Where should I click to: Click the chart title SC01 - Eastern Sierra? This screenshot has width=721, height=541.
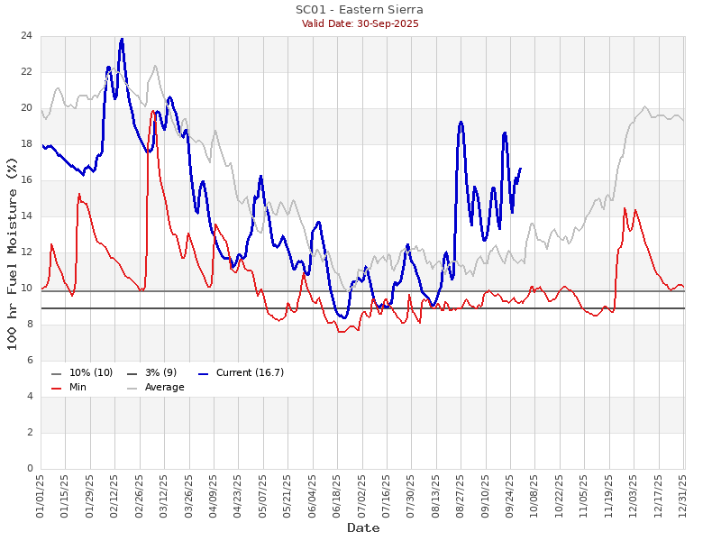tap(360, 10)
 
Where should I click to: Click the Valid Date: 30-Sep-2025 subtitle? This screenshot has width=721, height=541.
tap(360, 23)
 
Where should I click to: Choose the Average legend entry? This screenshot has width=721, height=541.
tap(164, 388)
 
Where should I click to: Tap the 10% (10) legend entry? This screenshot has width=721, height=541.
tap(91, 372)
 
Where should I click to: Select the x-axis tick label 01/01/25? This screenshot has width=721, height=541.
tap(41, 497)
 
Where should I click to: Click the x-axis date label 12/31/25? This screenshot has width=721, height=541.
tap(684, 497)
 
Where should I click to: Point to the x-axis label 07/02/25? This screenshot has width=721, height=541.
tap(362, 497)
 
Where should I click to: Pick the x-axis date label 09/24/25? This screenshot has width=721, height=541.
tap(511, 497)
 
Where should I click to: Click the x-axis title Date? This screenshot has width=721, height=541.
tap(362, 527)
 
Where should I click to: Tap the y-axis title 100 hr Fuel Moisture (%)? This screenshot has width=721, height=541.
tap(12, 252)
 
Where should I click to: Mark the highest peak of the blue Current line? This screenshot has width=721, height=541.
tap(122, 39)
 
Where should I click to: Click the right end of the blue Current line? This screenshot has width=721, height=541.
tap(520, 169)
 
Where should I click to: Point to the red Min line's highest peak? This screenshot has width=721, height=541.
tap(154, 111)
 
